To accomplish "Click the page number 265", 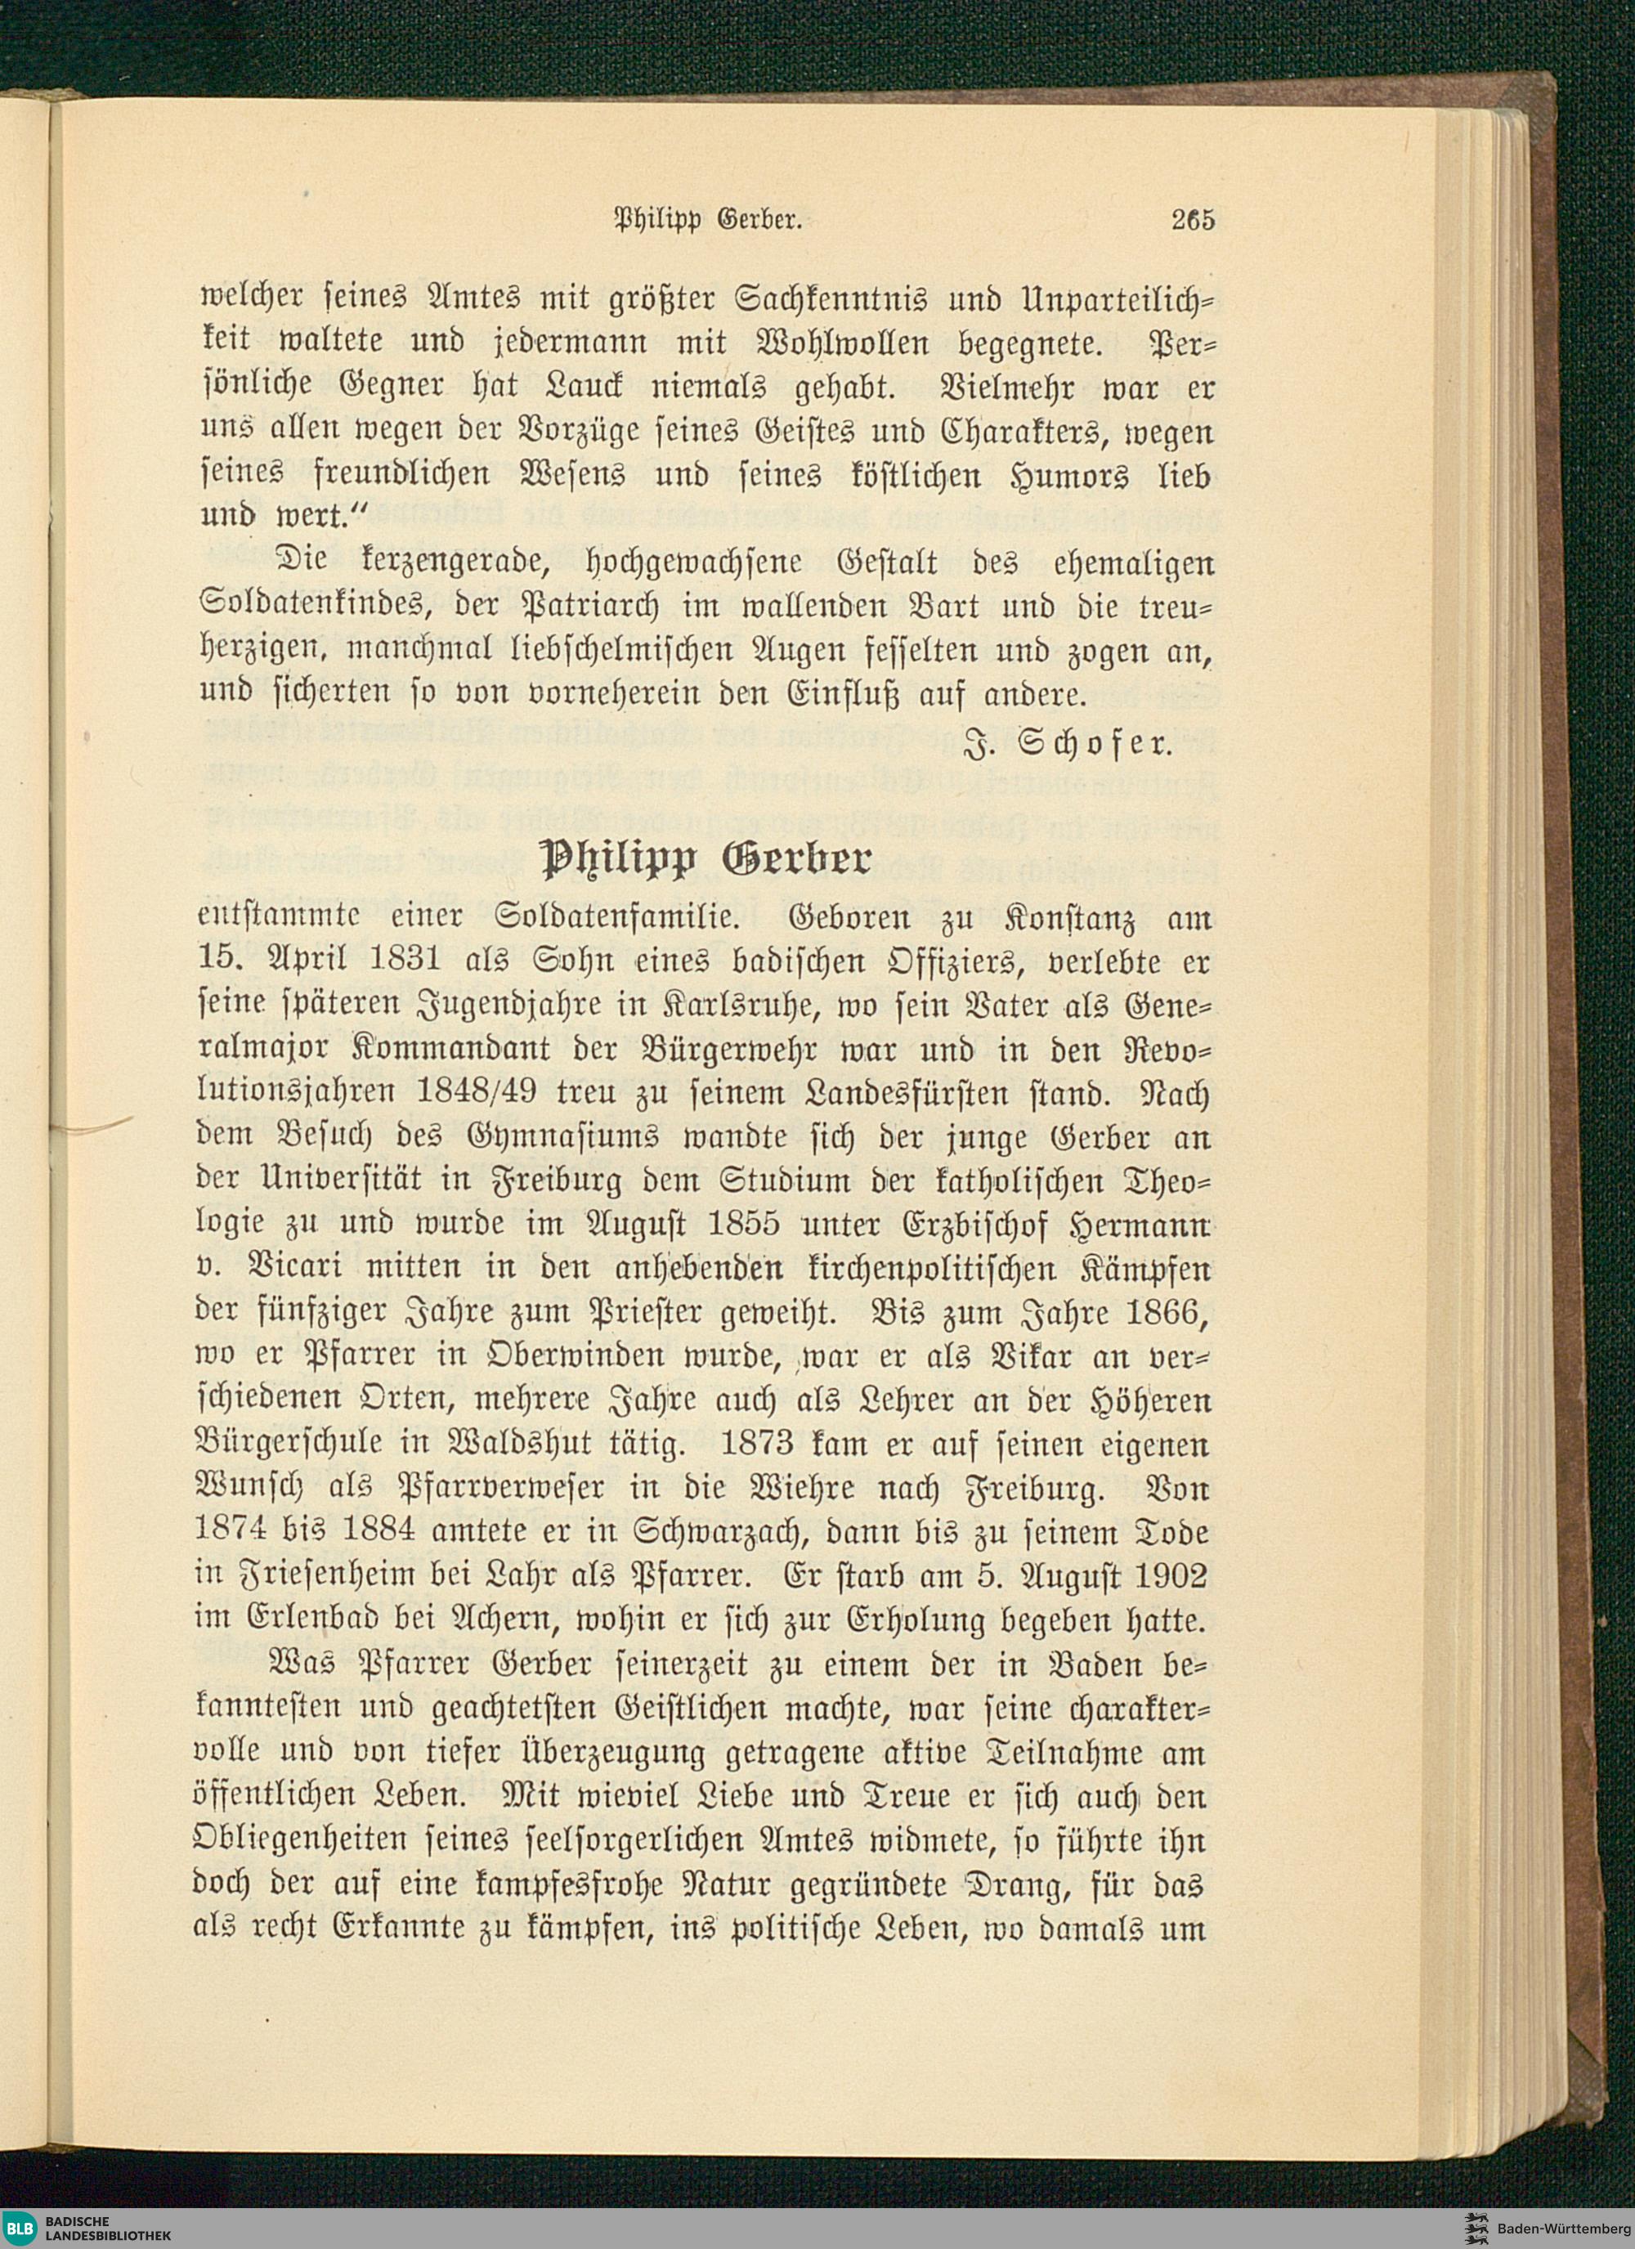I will (x=1192, y=220).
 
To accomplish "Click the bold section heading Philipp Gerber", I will (x=705, y=861).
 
